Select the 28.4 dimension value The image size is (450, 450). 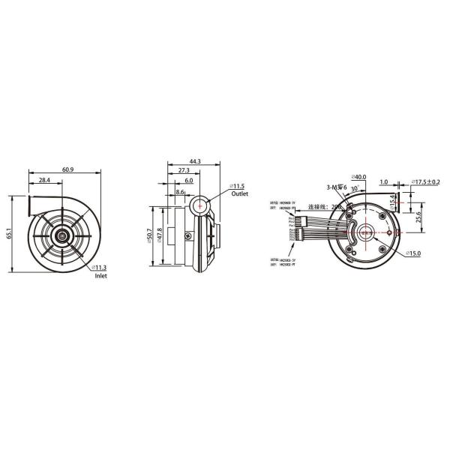pos(43,181)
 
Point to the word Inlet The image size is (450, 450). pos(101,276)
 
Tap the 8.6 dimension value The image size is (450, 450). pos(179,193)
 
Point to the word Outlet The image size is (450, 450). pos(239,193)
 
